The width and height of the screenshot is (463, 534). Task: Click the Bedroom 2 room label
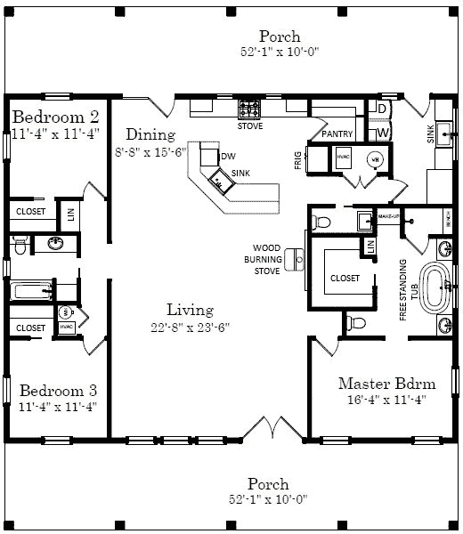pos(54,117)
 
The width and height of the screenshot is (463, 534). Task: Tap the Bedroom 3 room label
pos(58,390)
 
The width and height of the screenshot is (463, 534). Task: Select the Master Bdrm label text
pos(386,384)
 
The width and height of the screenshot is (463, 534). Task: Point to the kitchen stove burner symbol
pos(248,109)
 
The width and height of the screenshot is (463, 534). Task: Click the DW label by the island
pos(228,156)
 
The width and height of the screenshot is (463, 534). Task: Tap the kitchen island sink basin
pos(219,181)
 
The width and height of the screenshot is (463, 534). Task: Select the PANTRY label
pos(338,134)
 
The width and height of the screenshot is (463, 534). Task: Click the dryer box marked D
pos(381,109)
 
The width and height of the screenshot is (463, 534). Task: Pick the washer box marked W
pos(381,133)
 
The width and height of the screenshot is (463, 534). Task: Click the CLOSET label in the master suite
pos(345,278)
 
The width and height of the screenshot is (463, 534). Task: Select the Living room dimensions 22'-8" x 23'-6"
pos(191,327)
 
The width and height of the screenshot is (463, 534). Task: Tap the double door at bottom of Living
pos(272,429)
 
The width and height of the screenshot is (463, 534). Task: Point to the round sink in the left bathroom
pos(53,242)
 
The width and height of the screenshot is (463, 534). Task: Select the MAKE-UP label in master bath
pos(388,216)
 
